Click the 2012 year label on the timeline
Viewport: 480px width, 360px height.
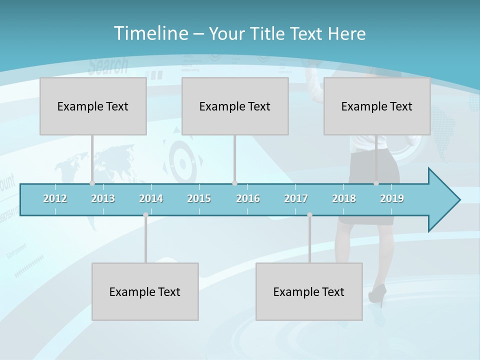tap(55, 198)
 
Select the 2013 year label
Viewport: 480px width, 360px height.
tap(103, 198)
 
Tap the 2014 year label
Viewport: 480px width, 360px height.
tap(151, 198)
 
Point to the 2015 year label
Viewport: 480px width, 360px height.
tap(199, 198)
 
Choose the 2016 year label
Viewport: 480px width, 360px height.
tap(248, 198)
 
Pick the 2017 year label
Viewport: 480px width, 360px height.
tap(296, 198)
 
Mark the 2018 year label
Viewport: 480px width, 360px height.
tap(344, 198)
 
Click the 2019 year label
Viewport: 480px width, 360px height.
tap(392, 198)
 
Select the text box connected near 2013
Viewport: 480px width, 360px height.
tap(93, 106)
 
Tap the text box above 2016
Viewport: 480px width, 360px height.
tap(235, 106)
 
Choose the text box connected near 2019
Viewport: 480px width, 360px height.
tap(377, 106)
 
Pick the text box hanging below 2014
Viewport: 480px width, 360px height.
tap(145, 291)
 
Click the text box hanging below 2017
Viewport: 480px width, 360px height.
tap(309, 291)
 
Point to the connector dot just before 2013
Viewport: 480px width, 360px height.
tap(92, 183)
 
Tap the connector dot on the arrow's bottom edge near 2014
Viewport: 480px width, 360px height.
tap(145, 215)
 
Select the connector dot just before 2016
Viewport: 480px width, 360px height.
tap(234, 183)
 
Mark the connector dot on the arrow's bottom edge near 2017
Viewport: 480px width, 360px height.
tap(309, 215)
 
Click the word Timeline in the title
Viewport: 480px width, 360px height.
tap(150, 33)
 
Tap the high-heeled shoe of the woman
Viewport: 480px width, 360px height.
tap(377, 295)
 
